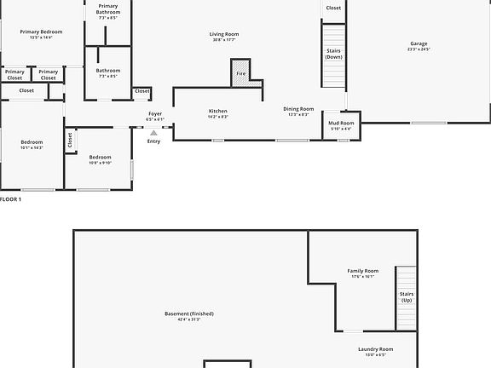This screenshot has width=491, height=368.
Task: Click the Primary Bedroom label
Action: (41, 34)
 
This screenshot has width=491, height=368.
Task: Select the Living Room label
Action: (222, 36)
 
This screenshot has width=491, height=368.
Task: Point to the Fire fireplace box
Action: (241, 74)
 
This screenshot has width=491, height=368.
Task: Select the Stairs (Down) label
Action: (333, 54)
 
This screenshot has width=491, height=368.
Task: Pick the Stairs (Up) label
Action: (407, 297)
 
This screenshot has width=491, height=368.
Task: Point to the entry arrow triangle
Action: (153, 133)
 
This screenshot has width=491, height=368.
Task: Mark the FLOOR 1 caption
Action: (11, 198)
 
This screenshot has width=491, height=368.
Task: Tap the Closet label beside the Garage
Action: (333, 8)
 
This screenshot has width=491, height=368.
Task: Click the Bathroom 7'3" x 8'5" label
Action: (108, 72)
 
